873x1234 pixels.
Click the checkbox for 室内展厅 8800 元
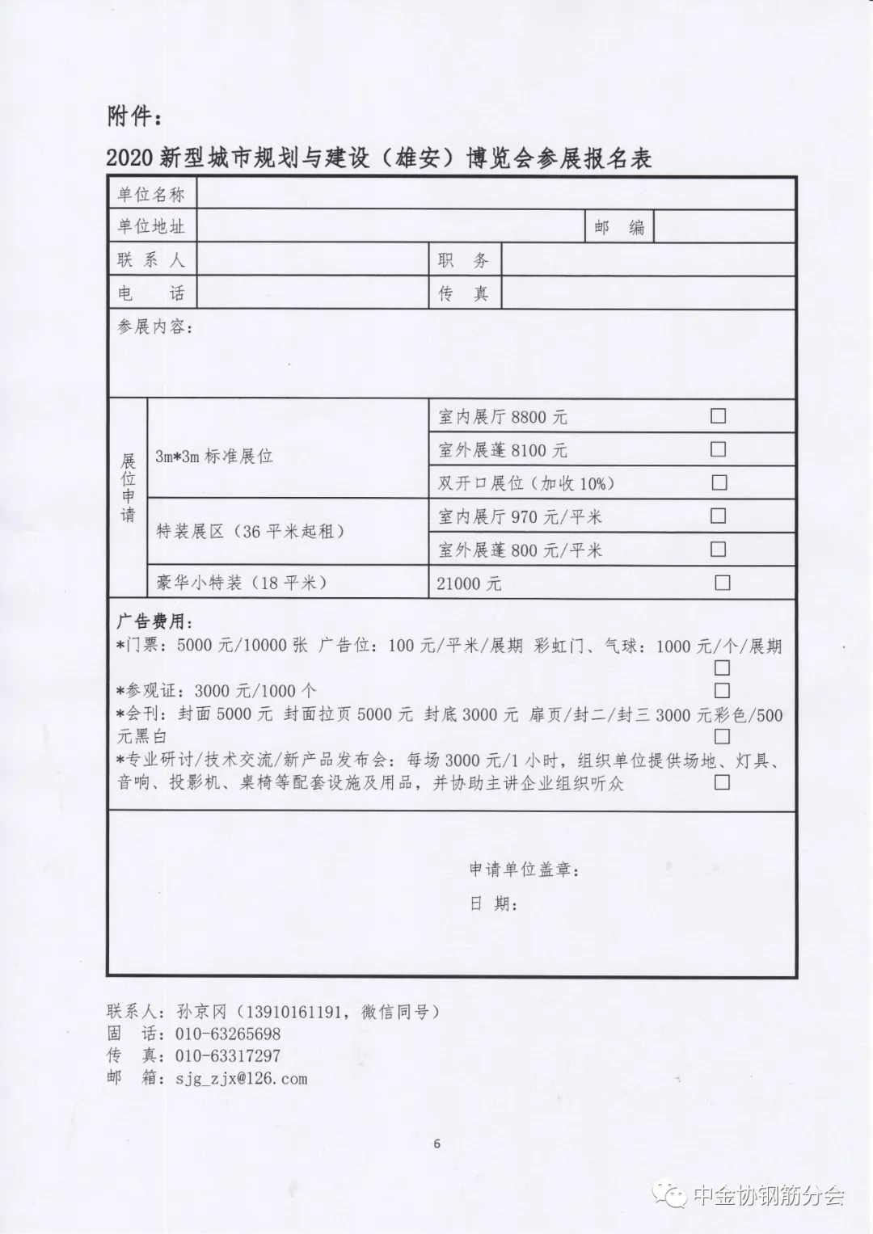[x=718, y=416]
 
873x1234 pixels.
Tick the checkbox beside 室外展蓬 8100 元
[x=718, y=449]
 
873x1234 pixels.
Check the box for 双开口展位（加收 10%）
[x=719, y=482]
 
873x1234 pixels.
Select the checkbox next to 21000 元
[x=722, y=583]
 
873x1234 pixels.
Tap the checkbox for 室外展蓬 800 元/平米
[x=718, y=550]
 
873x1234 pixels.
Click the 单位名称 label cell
[x=152, y=195]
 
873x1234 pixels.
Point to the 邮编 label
[x=619, y=228]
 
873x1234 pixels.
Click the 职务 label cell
[x=464, y=260]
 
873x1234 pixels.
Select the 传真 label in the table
[x=464, y=293]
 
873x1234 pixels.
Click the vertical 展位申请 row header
[x=128, y=487]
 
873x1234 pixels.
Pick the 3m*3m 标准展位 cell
[x=214, y=457]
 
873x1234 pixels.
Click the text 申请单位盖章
[x=524, y=870]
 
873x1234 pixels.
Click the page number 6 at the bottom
[x=436, y=1143]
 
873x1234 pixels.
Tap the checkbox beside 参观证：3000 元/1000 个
[x=721, y=690]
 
